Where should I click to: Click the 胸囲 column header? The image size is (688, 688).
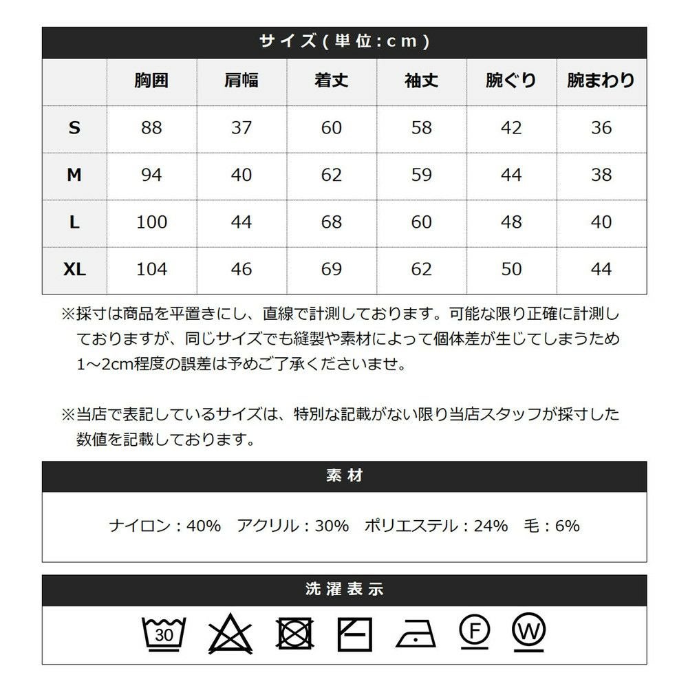point(151,80)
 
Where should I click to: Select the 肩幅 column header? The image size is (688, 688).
point(241,80)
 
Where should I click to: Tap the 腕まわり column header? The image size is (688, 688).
point(601,80)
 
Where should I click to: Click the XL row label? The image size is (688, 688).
point(74,269)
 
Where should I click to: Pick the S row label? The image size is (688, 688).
point(74,127)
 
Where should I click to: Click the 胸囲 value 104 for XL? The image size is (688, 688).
point(151,269)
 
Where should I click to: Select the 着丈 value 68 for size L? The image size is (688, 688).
point(331,222)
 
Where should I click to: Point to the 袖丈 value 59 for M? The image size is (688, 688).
point(421,175)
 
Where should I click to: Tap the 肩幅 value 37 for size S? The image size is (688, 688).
point(241,127)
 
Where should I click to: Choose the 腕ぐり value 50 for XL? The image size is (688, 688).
point(511,269)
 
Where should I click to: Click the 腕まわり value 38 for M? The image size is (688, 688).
point(601,175)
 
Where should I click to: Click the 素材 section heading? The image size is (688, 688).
point(344,476)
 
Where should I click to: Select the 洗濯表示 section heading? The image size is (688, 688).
point(344,590)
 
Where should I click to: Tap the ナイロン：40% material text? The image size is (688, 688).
point(165,526)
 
